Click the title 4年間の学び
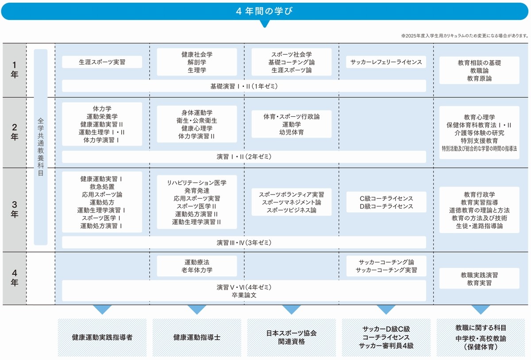pyautogui.click(x=264, y=11)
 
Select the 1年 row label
pyautogui.click(x=15, y=70)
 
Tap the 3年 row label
pyautogui.click(x=15, y=209)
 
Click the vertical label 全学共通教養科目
pyautogui.click(x=41, y=147)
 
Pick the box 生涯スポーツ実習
pyautogui.click(x=102, y=62)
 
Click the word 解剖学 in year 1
pyautogui.click(x=197, y=62)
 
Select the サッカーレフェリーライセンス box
pyautogui.click(x=386, y=62)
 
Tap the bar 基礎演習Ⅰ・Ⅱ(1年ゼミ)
pyautogui.click(x=244, y=86)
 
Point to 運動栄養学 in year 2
pyautogui.click(x=102, y=116)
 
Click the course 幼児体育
pyautogui.click(x=291, y=132)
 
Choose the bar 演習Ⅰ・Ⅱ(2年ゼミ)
pyautogui.click(x=244, y=157)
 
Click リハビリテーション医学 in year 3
pyautogui.click(x=197, y=183)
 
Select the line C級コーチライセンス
pyautogui.click(x=386, y=198)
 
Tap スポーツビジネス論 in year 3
pyautogui.click(x=291, y=210)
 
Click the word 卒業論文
pyautogui.click(x=244, y=295)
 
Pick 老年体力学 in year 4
pyautogui.click(x=197, y=270)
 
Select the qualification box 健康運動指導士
pyautogui.click(x=197, y=337)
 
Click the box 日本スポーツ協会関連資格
pyautogui.click(x=291, y=337)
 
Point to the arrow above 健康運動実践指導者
pyautogui.click(x=102, y=309)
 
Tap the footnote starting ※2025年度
pyautogui.click(x=465, y=36)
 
